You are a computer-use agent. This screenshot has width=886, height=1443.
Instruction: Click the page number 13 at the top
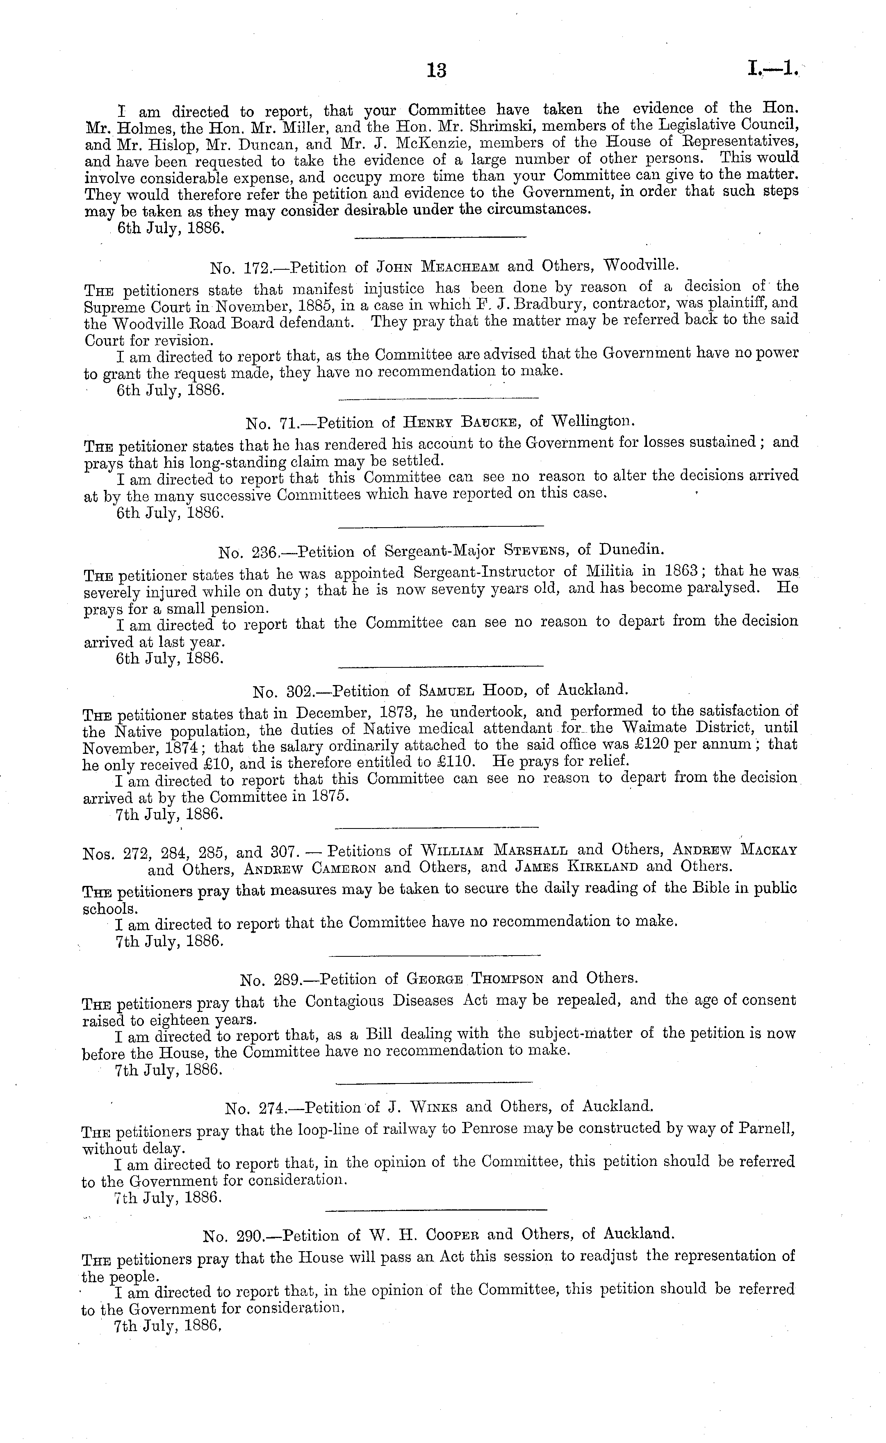[x=437, y=71]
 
